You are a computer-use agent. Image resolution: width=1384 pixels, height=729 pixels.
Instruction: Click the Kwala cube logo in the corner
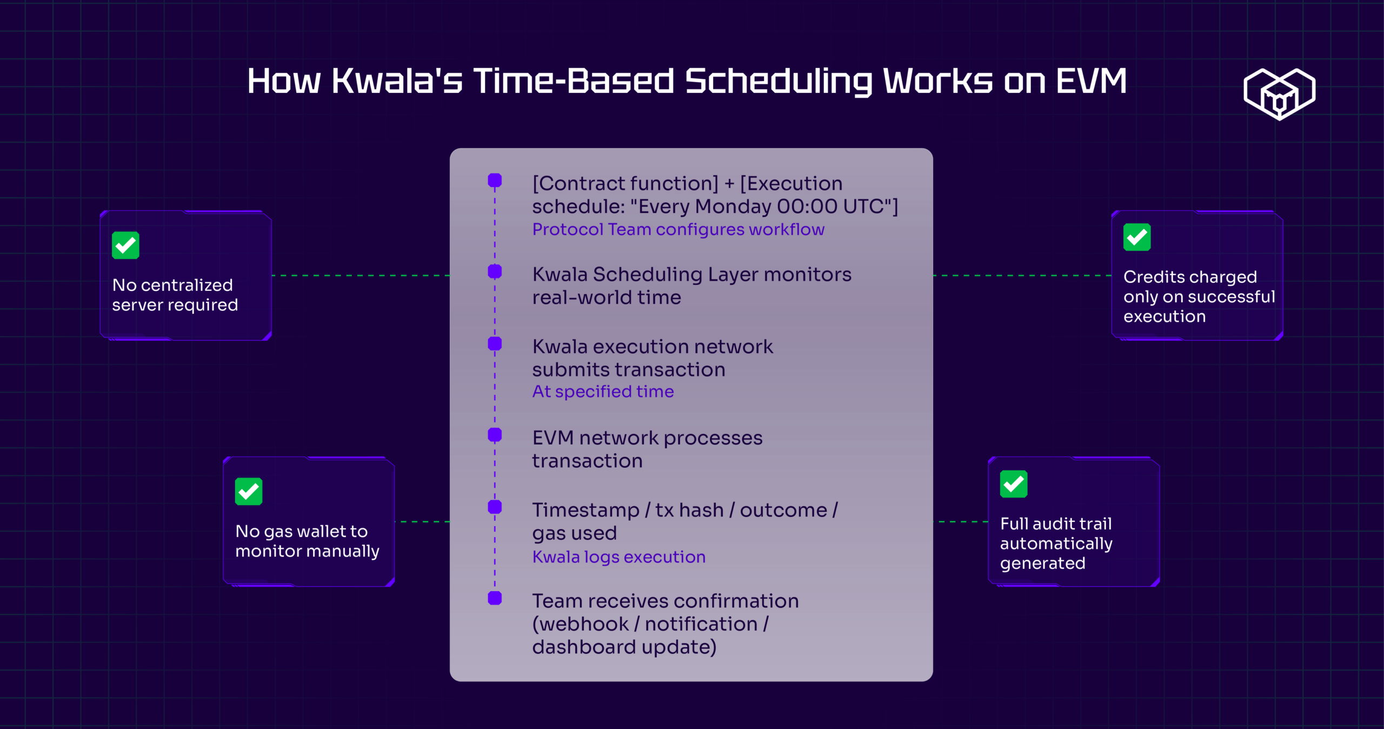coord(1279,94)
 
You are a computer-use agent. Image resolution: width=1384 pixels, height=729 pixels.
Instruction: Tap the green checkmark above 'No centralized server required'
coord(125,246)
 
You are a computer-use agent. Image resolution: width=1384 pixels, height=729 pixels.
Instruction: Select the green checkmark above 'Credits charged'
coord(1137,237)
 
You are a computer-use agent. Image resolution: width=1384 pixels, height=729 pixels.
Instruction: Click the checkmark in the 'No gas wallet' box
coord(249,491)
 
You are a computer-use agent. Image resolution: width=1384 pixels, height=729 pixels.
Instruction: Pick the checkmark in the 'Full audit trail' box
coord(1014,483)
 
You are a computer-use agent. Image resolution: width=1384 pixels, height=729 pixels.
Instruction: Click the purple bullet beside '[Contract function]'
coord(495,180)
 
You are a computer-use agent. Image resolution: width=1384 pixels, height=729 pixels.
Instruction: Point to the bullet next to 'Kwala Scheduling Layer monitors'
coord(495,271)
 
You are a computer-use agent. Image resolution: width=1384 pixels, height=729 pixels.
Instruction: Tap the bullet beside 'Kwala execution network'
coord(495,343)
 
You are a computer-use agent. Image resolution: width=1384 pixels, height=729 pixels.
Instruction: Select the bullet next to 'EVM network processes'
coord(495,434)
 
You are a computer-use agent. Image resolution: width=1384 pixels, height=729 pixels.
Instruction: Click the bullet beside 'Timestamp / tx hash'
coord(495,507)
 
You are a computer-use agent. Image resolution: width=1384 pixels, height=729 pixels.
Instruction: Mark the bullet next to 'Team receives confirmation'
coord(495,598)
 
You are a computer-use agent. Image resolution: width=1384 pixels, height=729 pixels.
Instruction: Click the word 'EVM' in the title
coord(1092,81)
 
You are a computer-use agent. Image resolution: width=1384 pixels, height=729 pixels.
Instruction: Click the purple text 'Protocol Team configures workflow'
coord(678,229)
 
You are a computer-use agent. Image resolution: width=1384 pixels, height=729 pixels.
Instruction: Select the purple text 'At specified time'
coord(603,392)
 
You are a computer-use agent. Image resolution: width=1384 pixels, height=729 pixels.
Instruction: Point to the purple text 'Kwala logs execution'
coord(619,557)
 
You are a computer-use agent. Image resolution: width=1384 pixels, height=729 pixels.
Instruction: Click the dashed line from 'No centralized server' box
coord(361,276)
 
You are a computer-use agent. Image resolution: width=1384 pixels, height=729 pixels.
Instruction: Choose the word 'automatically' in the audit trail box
coord(1056,544)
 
